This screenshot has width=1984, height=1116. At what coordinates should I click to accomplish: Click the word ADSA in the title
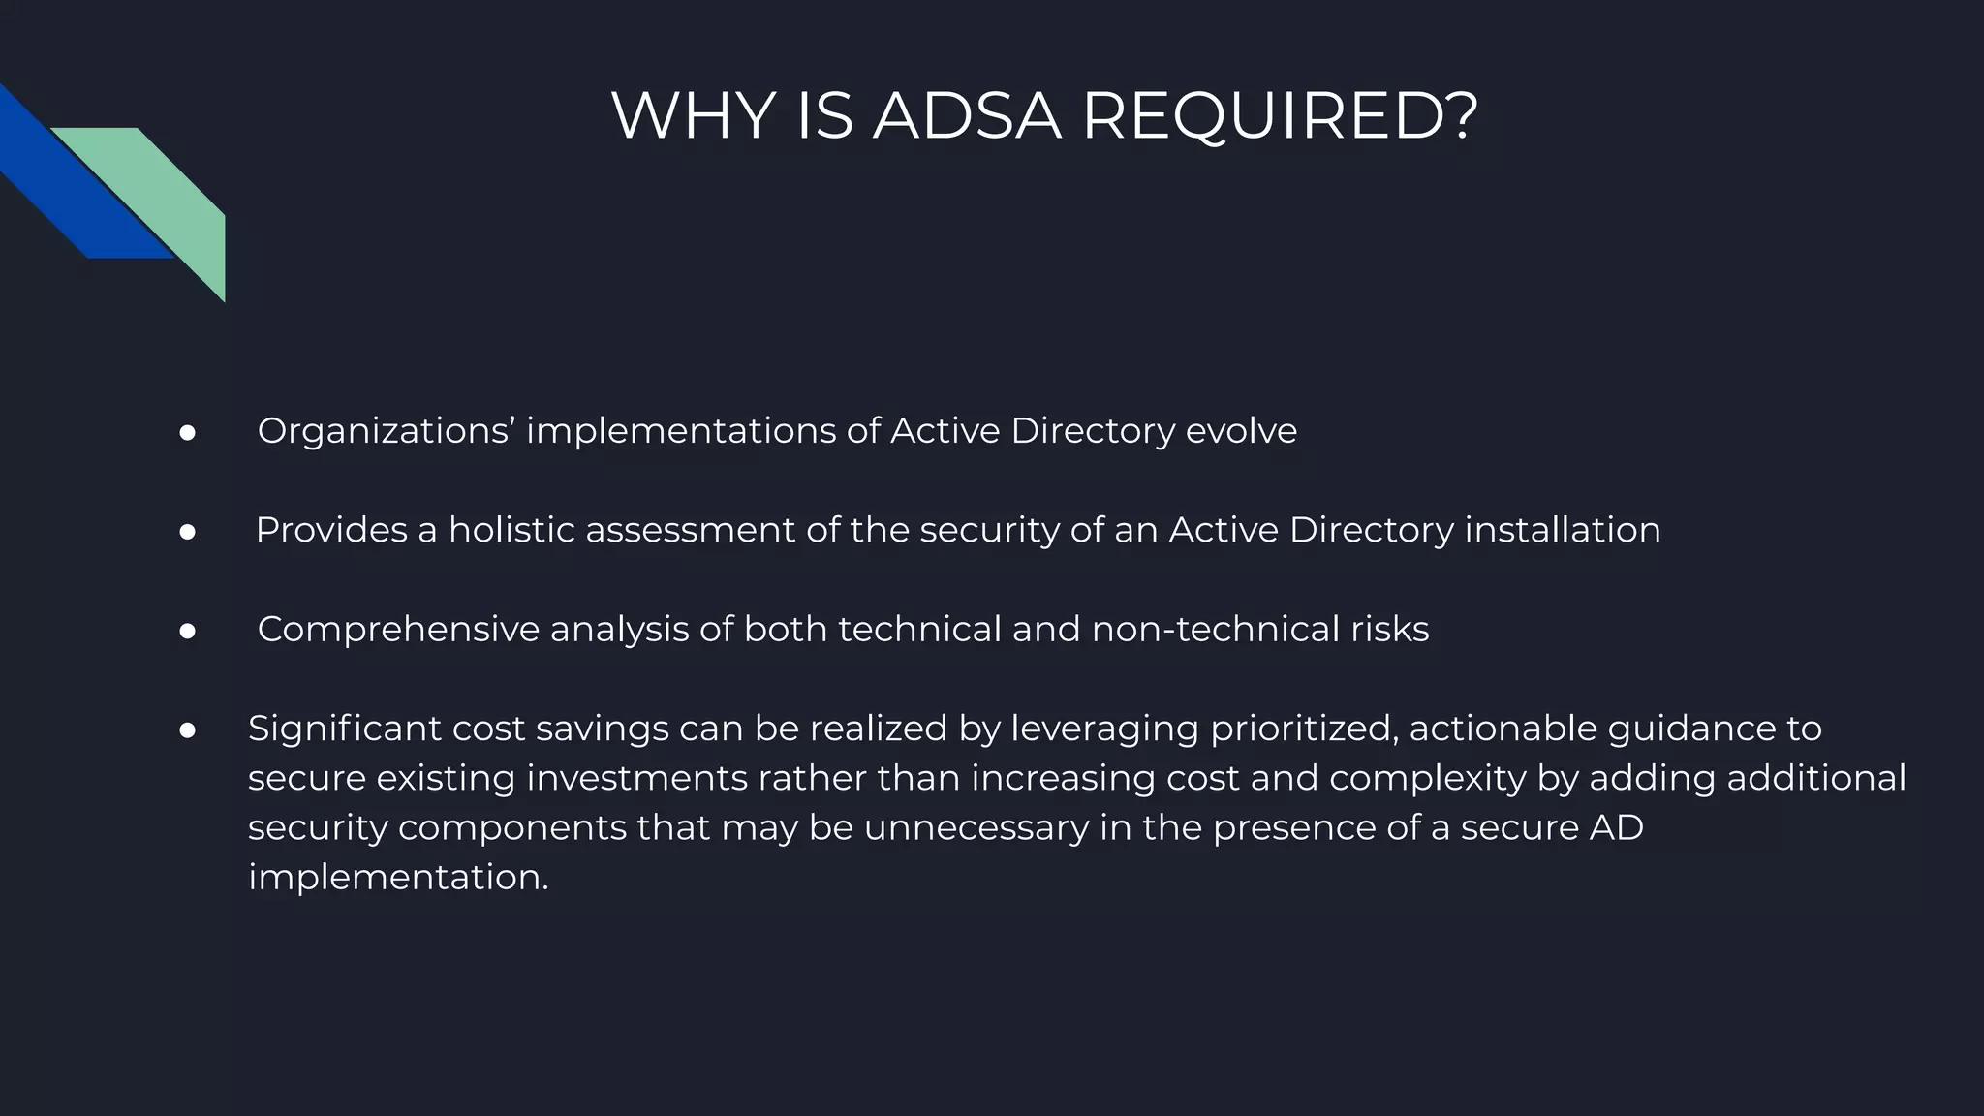[x=967, y=116]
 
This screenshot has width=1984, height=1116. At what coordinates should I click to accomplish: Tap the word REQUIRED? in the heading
[x=1280, y=116]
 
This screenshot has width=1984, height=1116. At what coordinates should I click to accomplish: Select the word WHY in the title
[x=693, y=116]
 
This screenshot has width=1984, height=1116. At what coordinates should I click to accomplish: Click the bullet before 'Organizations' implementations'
[x=188, y=433]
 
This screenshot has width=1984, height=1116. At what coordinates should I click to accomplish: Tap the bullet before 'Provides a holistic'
[x=188, y=532]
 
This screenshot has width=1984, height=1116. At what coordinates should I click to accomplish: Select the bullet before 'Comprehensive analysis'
[x=188, y=632]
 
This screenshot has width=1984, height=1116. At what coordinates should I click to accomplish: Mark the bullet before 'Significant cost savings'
[x=188, y=730]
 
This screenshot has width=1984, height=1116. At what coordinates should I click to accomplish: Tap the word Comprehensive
[x=398, y=630]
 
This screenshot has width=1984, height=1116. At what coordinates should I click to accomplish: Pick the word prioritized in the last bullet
[x=1304, y=728]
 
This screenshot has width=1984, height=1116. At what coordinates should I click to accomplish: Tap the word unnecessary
[x=976, y=827]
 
